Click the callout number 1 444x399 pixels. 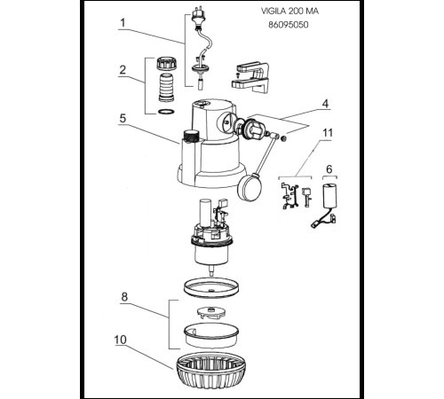123,22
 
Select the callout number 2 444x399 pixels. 123,70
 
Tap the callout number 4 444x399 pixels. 325,104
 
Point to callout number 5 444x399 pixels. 123,118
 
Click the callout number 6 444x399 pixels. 329,169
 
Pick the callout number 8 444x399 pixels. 124,296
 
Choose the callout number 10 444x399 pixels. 121,340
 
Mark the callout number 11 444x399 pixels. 328,133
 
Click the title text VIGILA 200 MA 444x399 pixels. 289,12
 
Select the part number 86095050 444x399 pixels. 289,25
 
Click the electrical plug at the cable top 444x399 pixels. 197,16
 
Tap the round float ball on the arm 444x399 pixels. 250,188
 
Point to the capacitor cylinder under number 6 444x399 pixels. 329,195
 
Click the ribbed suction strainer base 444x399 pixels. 211,370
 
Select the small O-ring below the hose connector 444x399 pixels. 166,112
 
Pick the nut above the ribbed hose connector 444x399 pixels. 166,63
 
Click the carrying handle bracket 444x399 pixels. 250,77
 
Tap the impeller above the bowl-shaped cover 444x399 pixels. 210,313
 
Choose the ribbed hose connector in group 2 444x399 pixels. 166,88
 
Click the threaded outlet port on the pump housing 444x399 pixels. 191,136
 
